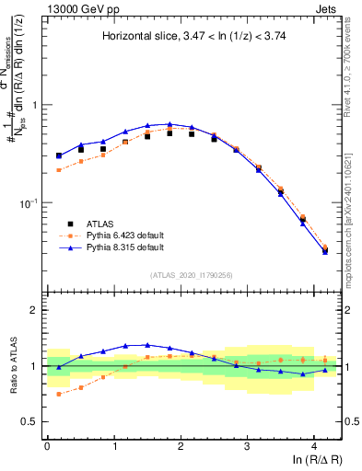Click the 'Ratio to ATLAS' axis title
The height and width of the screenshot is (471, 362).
click(x=13, y=366)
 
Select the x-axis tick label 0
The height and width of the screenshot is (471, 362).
click(x=47, y=446)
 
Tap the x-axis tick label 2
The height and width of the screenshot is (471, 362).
click(x=181, y=446)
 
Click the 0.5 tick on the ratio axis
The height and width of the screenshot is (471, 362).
click(x=31, y=421)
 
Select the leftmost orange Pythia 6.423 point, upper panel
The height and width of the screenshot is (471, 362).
click(x=59, y=170)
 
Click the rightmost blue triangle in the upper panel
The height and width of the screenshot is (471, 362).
click(x=324, y=251)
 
